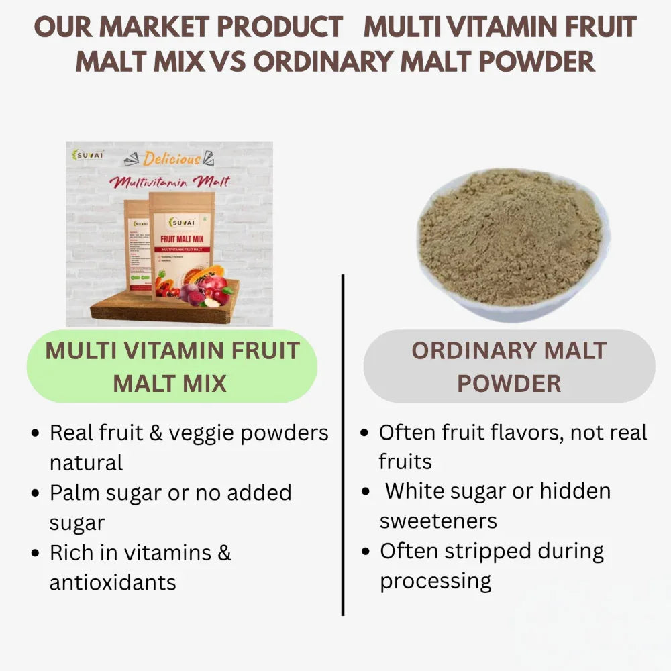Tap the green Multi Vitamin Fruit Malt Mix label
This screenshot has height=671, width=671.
coord(171,366)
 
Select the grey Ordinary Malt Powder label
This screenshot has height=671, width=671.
coord(509,366)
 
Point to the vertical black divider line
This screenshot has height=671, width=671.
coord(343,443)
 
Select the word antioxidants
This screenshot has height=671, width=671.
coord(113,582)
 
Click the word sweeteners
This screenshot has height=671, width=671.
coord(438,521)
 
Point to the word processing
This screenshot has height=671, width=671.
coord(435,580)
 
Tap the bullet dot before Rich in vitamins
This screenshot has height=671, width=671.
coord(36,554)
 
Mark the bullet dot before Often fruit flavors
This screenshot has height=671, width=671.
coord(364,433)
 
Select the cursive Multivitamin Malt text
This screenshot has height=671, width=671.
coord(170,181)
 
